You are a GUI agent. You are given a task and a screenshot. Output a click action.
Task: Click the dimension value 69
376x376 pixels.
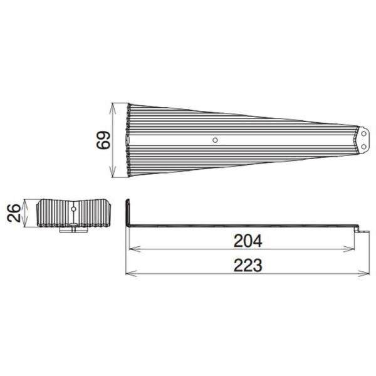point(103,140)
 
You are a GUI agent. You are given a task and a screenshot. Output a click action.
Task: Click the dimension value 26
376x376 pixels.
point(14,212)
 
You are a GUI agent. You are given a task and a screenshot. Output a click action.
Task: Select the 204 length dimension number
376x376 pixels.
point(248,241)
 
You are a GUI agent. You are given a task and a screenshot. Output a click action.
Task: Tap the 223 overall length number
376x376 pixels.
point(248,265)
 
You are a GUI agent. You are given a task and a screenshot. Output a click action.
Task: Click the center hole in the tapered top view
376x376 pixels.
point(215,140)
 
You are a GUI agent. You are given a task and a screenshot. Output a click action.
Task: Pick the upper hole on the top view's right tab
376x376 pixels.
point(363,134)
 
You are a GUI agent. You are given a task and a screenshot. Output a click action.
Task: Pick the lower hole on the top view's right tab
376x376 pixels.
point(363,146)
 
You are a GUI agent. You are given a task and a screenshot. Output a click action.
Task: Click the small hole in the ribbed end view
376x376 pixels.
point(73,209)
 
